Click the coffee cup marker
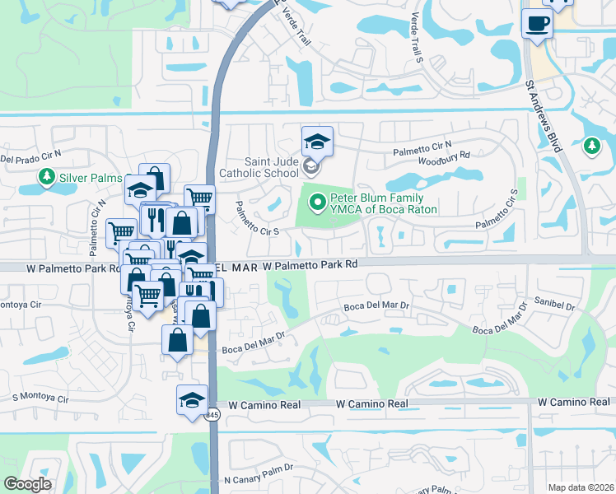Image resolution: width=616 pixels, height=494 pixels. pyautogui.click(x=538, y=22)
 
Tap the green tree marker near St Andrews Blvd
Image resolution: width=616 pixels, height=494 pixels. pyautogui.click(x=591, y=147)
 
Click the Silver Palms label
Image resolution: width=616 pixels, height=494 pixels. pyautogui.click(x=90, y=178)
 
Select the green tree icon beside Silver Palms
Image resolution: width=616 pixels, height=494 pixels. pyautogui.click(x=47, y=177)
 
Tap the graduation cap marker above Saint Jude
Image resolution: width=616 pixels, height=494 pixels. pyautogui.click(x=316, y=142)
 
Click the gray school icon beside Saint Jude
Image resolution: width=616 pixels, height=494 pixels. pyautogui.click(x=310, y=168)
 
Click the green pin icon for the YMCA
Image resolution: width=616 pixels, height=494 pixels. pyautogui.click(x=316, y=198)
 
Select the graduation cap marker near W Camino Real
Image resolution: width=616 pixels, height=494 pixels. pyautogui.click(x=192, y=401)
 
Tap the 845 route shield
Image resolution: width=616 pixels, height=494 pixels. pyautogui.click(x=212, y=414)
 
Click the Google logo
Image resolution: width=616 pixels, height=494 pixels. pyautogui.click(x=28, y=484)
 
